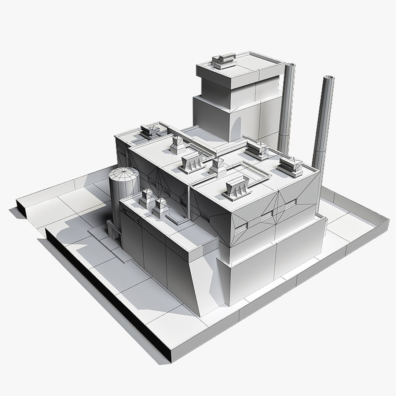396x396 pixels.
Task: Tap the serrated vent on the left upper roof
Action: click(192, 162)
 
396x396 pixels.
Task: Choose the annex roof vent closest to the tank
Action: click(147, 197)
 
